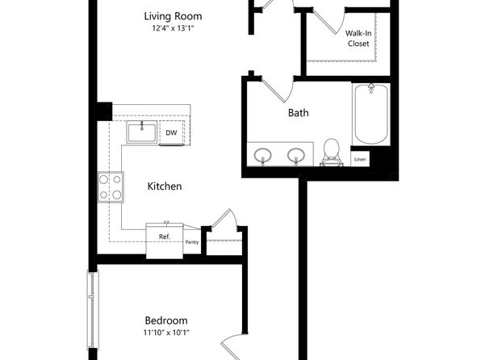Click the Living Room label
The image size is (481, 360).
[x=173, y=16]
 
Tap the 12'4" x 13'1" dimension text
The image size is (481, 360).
[x=173, y=28]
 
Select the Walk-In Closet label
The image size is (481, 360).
[x=358, y=39]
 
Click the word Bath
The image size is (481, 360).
[x=298, y=113]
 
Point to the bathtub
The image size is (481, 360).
[x=371, y=114]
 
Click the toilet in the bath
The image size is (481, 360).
[x=332, y=153]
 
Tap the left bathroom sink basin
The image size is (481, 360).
[x=262, y=155]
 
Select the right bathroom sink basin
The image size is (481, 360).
[x=296, y=155]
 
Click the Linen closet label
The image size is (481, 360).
[x=360, y=159]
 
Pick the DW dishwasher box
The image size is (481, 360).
[x=171, y=132]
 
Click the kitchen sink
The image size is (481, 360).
[x=142, y=132]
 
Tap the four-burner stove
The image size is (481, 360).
[x=111, y=187]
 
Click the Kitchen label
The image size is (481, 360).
[x=165, y=186]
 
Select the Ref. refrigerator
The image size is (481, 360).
[x=165, y=241]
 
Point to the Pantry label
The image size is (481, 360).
[x=192, y=242]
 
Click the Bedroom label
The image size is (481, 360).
[x=166, y=320]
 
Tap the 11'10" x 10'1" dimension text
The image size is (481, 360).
[x=166, y=333]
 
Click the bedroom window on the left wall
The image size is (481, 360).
[x=92, y=309]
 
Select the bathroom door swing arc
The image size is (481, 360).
[x=291, y=90]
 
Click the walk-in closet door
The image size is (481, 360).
[x=325, y=22]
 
